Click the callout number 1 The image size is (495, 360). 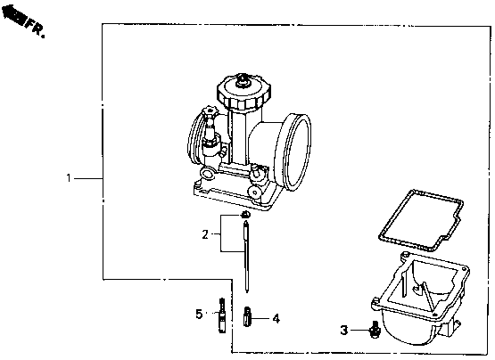[x=69, y=178]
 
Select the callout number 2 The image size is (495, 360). [x=205, y=234]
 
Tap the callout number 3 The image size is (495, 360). [x=344, y=331]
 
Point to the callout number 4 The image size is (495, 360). [x=276, y=319]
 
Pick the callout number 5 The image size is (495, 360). [x=199, y=314]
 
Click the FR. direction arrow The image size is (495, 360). [x=13, y=15]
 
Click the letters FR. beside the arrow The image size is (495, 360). [x=36, y=29]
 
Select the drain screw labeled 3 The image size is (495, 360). [x=375, y=330]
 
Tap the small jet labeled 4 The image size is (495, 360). [x=247, y=316]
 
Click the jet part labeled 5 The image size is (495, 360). [x=222, y=315]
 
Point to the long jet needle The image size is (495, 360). [x=246, y=257]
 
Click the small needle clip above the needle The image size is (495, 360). [x=245, y=215]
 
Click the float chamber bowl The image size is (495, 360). [x=420, y=299]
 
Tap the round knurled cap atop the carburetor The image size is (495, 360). [x=243, y=92]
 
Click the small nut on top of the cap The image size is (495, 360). [x=243, y=80]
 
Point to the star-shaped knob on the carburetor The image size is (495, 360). [x=210, y=112]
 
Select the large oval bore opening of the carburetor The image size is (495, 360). [x=293, y=152]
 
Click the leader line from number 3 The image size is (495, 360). [x=359, y=331]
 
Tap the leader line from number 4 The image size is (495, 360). [x=261, y=319]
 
